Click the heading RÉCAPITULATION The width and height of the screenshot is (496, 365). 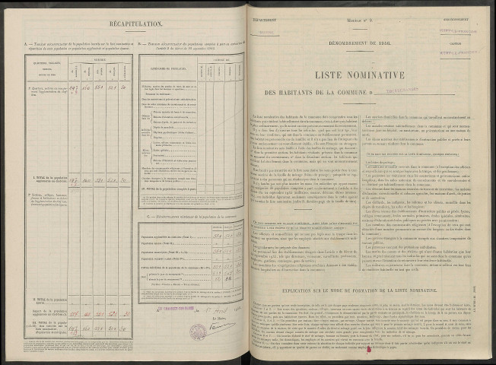124,24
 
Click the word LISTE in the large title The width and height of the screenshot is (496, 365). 332,75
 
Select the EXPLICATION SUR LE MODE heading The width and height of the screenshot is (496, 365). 370,269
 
